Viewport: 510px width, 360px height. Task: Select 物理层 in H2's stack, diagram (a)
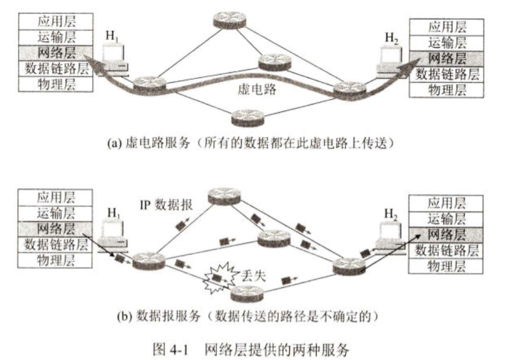pyautogui.click(x=446, y=89)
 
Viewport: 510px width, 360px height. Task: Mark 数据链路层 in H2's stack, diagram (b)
pyautogui.click(x=447, y=251)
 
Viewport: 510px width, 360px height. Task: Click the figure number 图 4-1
pyautogui.click(x=169, y=348)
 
